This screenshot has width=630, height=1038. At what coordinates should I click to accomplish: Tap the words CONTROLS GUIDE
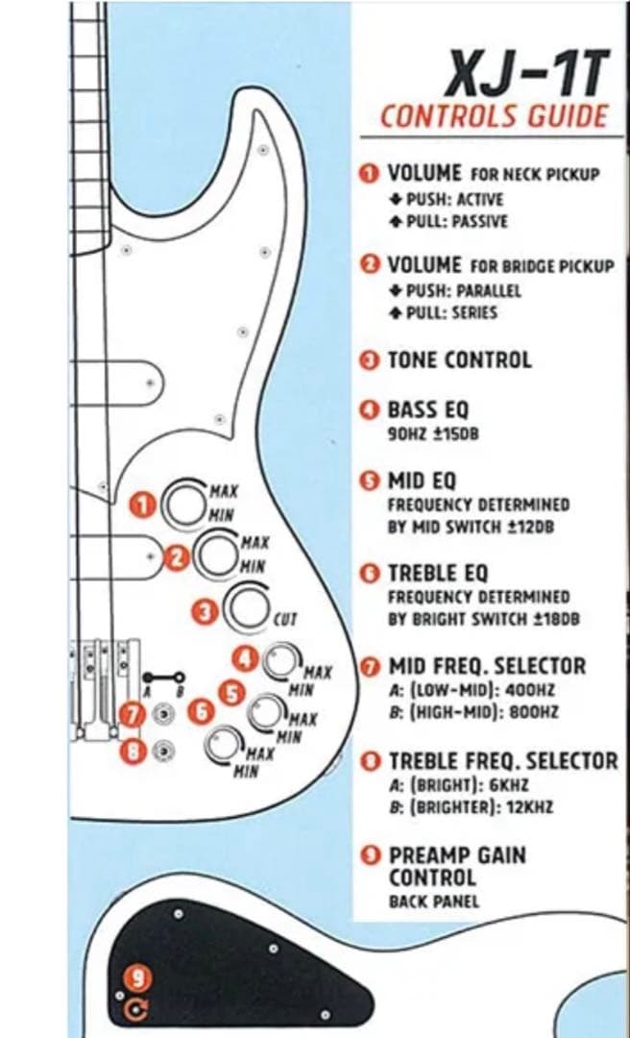pyautogui.click(x=494, y=117)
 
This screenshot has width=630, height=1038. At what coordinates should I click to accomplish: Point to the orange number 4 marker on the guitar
pyautogui.click(x=247, y=658)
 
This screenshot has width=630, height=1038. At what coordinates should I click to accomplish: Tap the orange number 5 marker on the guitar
pyautogui.click(x=230, y=691)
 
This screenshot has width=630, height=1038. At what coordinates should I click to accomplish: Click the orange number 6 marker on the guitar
pyautogui.click(x=202, y=712)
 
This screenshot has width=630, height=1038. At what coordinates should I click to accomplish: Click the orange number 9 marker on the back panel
pyautogui.click(x=140, y=977)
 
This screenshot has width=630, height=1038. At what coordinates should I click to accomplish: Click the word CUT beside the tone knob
pyautogui.click(x=286, y=620)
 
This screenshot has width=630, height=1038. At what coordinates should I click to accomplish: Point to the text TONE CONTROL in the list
pyautogui.click(x=458, y=361)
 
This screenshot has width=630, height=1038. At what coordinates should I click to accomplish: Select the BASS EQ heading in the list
pyautogui.click(x=427, y=410)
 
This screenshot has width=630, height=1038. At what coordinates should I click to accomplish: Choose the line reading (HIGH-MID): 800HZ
pyautogui.click(x=472, y=712)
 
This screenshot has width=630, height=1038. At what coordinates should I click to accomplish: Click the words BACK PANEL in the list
pyautogui.click(x=433, y=902)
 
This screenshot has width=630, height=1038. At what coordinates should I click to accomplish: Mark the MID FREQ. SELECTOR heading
pyautogui.click(x=499, y=665)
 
